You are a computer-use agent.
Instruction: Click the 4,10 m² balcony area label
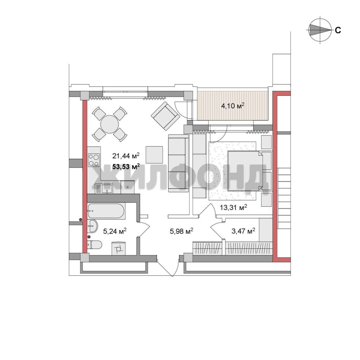pyautogui.click(x=233, y=106)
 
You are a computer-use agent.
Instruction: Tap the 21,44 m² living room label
pyautogui.click(x=126, y=156)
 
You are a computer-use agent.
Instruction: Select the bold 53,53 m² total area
pyautogui.click(x=126, y=166)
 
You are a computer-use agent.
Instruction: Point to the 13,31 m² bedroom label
pyautogui.click(x=233, y=208)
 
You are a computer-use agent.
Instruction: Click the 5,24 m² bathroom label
pyautogui.click(x=115, y=231)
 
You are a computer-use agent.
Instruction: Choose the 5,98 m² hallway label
pyautogui.click(x=181, y=231)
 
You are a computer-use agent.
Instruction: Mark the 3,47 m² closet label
pyautogui.click(x=243, y=231)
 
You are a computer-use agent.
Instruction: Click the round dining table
pyautogui.click(x=110, y=124)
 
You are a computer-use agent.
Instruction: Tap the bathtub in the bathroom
pyautogui.click(x=106, y=211)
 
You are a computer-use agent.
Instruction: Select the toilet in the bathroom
pyautogui.click(x=95, y=245)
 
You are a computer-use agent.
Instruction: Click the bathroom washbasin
pyautogui.click(x=93, y=226)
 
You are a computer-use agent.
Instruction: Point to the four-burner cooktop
pyautogui.click(x=94, y=160)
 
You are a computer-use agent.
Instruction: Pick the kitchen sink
pyautogui.click(x=104, y=189)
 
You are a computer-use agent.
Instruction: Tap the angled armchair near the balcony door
pyautogui.click(x=165, y=116)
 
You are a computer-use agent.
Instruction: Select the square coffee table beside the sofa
pyautogui.click(x=154, y=155)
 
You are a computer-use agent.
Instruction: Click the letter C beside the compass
pyautogui.click(x=338, y=30)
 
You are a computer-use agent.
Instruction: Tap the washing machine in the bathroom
pyautogui.click(x=119, y=248)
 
